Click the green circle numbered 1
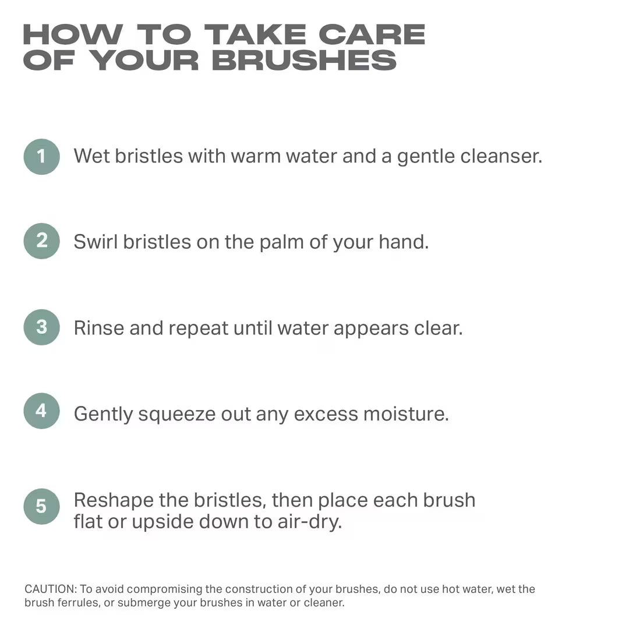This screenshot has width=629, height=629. (41, 157)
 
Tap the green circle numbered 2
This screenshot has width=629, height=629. (41, 241)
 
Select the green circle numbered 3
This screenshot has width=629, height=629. (41, 327)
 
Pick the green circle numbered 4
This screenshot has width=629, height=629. (41, 411)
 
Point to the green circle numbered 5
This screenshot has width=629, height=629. (41, 506)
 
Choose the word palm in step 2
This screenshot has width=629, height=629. (281, 242)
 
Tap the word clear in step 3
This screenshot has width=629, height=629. (438, 328)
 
